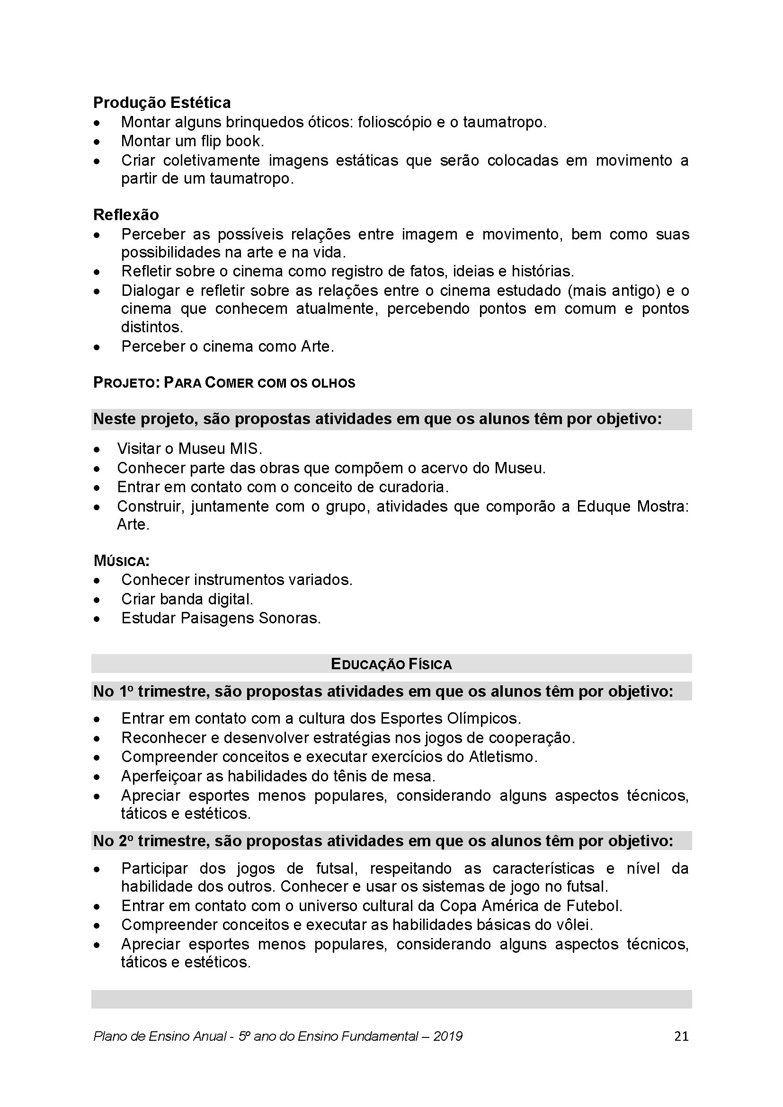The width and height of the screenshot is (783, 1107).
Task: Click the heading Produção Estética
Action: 161,103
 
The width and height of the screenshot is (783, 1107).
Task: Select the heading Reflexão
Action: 126,214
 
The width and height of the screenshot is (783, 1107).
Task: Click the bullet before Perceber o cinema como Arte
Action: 98,347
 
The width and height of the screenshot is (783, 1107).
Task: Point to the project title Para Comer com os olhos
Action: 259,383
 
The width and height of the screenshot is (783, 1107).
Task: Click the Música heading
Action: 122,561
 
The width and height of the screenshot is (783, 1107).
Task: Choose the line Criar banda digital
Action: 187,599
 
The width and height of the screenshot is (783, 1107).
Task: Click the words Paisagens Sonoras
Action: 250,618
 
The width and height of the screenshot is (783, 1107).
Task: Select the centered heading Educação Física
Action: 391,664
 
